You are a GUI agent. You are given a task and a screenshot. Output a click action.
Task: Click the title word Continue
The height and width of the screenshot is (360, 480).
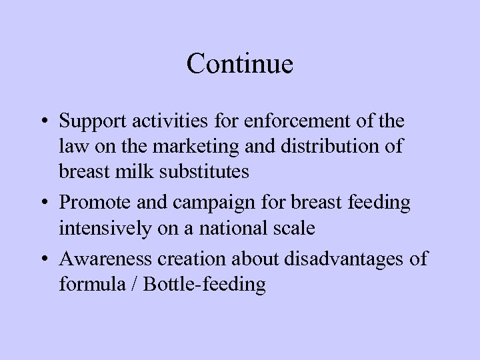(240, 64)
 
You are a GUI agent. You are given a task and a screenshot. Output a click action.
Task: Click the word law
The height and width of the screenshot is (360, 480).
(73, 147)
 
